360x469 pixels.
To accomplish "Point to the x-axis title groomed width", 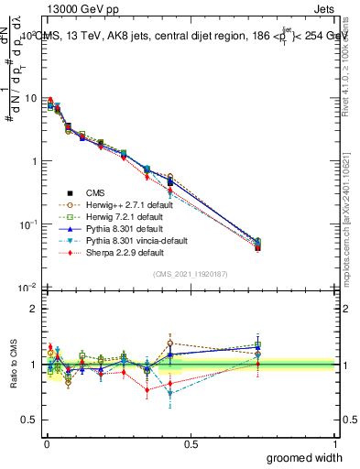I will [x=305, y=456].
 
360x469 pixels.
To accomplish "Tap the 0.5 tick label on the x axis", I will [x=191, y=443].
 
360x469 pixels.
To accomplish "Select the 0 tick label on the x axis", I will [x=46, y=443].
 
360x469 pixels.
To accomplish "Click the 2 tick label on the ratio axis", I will [x=34, y=309].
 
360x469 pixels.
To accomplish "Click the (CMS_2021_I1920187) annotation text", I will [x=190, y=274].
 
